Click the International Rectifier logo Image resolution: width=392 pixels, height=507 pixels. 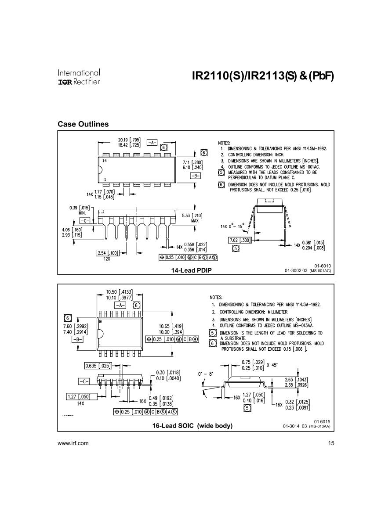point(79,76)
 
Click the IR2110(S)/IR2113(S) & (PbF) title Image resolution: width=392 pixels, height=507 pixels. point(262,76)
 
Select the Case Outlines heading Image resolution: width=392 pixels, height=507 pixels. point(83,124)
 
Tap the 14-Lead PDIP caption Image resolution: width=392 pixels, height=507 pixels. point(191,270)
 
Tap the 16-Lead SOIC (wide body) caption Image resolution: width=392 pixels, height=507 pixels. point(192,425)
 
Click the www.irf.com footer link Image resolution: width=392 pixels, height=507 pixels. point(73,443)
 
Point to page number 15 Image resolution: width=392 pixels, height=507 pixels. point(331,443)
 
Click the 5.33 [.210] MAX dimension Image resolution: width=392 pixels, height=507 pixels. point(192,218)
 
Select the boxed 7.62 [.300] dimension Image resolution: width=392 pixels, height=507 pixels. point(240,240)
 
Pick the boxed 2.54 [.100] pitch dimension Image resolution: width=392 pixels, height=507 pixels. point(107,253)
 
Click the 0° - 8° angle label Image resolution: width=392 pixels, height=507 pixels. point(205,374)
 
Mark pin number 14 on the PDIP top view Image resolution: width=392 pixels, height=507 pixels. point(104,161)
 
